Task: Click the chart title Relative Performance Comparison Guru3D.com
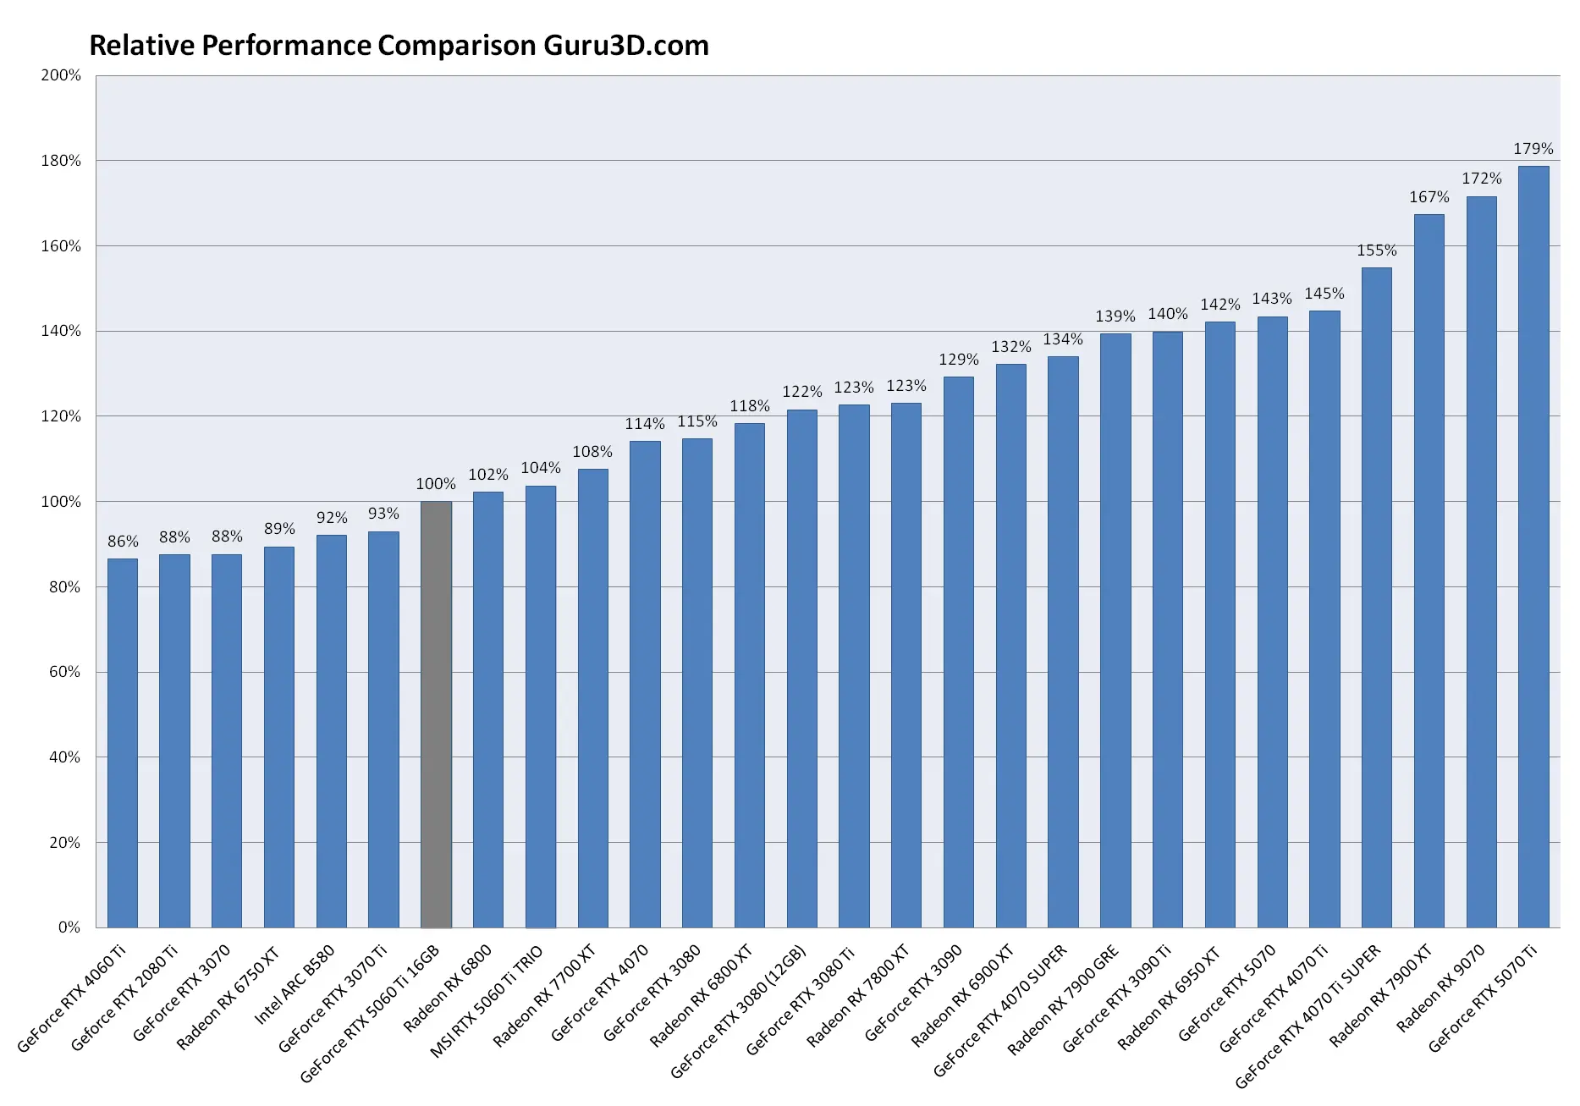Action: [399, 46]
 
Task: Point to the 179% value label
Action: [1533, 149]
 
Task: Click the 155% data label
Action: [1376, 250]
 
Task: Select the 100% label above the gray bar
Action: [436, 484]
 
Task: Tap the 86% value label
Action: [123, 542]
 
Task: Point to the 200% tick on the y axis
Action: [61, 75]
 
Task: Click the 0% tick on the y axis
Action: [69, 927]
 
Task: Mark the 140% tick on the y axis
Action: [61, 331]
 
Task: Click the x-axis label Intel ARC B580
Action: [295, 984]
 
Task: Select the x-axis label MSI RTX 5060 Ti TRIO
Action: [487, 1002]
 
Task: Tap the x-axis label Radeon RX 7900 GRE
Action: [1064, 999]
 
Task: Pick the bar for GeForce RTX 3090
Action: [958, 652]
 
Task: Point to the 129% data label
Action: [958, 360]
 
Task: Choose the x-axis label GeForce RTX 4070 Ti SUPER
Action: [1308, 1015]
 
